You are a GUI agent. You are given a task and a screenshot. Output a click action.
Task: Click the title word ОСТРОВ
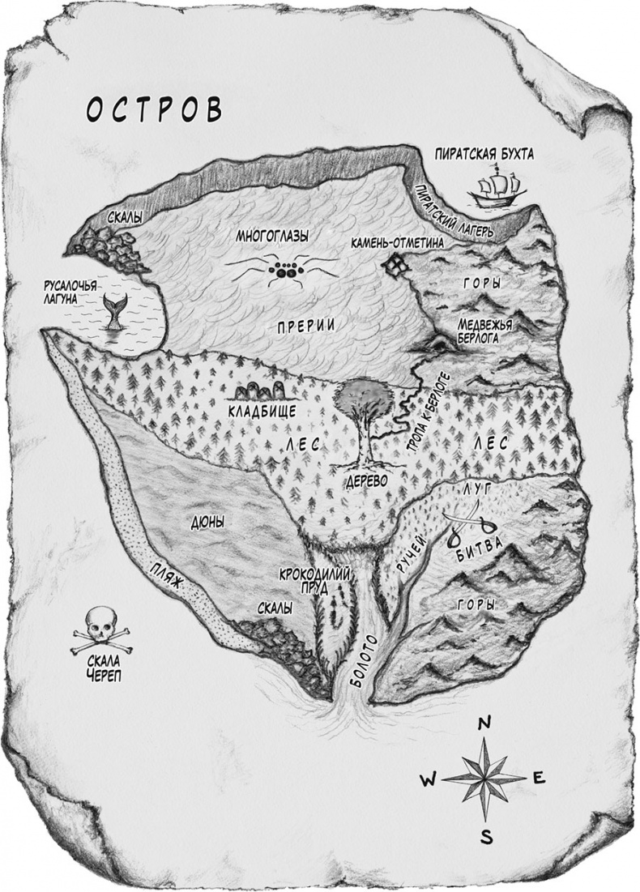point(153,109)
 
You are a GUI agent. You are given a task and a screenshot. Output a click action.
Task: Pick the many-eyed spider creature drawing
point(283,269)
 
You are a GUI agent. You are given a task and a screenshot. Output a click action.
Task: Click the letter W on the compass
point(429,779)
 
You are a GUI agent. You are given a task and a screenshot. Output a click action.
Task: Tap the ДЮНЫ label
point(207,522)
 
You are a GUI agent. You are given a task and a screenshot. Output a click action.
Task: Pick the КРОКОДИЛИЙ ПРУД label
point(315,581)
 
